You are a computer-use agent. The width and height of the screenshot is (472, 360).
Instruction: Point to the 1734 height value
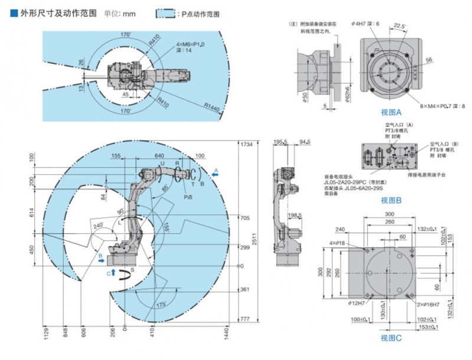point(246,145)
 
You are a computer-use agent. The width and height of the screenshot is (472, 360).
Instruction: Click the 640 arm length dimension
point(159,156)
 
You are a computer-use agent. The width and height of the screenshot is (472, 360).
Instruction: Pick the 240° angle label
point(97,225)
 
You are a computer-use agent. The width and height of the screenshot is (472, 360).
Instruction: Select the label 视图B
point(392,201)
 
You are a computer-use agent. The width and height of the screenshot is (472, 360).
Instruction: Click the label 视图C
point(392,338)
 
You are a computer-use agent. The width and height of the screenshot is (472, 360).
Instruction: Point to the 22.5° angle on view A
point(399,26)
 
